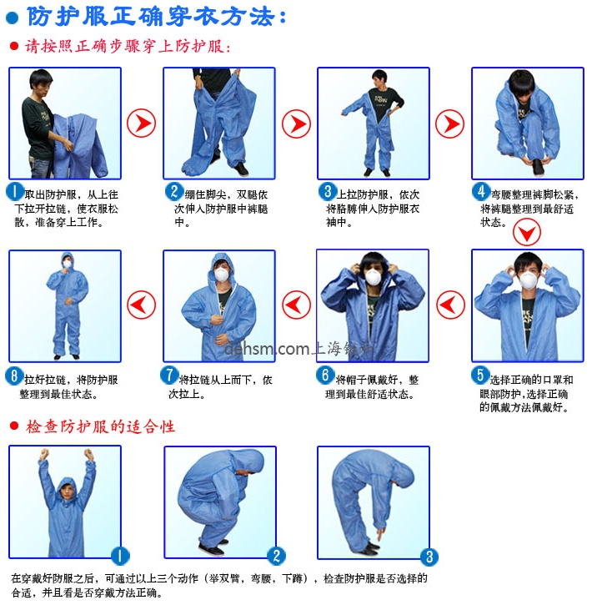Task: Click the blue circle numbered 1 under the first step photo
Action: (x=15, y=192)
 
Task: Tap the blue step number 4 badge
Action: (x=480, y=191)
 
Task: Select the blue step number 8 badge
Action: (x=15, y=376)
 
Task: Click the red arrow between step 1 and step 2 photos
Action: (x=141, y=124)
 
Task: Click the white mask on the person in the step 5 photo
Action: (x=527, y=281)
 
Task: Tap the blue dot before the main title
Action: (x=13, y=17)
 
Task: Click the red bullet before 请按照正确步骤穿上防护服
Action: (x=13, y=47)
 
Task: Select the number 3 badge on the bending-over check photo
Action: (x=429, y=557)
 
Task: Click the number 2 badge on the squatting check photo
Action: (x=276, y=555)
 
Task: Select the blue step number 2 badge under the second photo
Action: (x=173, y=192)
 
